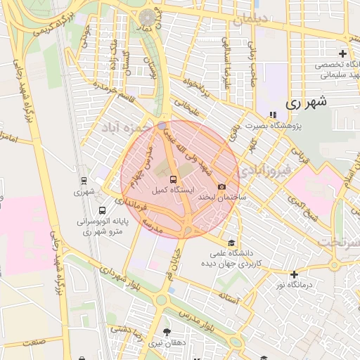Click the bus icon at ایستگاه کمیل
click(x=174, y=179)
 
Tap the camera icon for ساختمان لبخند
click(x=222, y=187)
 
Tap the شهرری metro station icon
click(x=84, y=180)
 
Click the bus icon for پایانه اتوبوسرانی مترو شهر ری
click(x=103, y=210)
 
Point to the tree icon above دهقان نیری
click(x=167, y=331)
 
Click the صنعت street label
click(x=33, y=342)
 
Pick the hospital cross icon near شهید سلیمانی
click(x=342, y=53)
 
